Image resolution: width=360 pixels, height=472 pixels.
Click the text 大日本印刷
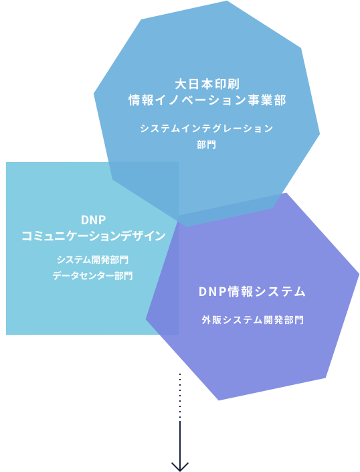(207, 84)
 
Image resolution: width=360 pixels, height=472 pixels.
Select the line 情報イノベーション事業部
(207, 100)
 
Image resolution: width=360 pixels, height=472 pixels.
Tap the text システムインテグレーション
(207, 129)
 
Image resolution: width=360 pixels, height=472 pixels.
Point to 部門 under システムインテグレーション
(206, 145)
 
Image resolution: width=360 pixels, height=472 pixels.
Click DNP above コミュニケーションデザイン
(93, 220)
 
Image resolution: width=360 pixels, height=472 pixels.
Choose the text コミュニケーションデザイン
(93, 236)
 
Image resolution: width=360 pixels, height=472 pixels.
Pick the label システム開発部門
(92, 260)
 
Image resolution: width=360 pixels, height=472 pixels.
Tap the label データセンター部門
(92, 275)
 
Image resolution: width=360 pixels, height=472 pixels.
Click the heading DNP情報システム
(252, 292)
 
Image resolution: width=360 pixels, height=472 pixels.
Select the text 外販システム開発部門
(253, 319)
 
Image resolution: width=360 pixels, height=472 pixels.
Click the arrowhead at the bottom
(180, 467)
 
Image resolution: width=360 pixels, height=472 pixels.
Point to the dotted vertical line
(180, 396)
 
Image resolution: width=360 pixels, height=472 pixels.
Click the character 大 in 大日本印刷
(181, 84)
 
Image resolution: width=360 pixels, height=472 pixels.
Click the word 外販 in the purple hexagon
(211, 319)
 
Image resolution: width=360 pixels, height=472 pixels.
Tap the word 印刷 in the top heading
(227, 84)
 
